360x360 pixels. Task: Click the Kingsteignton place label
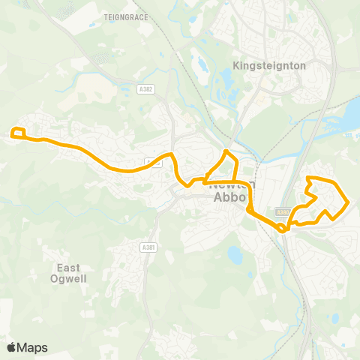[x=270, y=65]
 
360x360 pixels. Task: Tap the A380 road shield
[x=282, y=211]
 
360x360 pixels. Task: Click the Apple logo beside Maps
[x=11, y=347]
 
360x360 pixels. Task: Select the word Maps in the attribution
[x=32, y=347]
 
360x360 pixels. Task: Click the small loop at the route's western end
[x=19, y=133]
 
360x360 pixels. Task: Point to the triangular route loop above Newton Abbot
[x=225, y=165]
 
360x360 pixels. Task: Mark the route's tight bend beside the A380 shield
[x=282, y=229]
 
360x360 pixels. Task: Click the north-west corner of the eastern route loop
[x=309, y=178]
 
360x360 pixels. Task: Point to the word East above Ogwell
[x=68, y=267]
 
